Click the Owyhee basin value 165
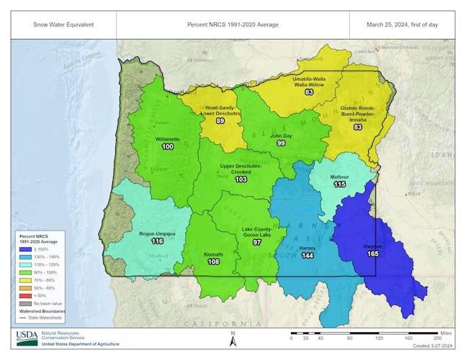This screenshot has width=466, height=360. point(373,253)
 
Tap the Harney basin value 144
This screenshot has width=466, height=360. point(307,256)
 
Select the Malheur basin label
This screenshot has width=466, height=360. point(339,176)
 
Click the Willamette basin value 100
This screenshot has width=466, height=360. point(168,146)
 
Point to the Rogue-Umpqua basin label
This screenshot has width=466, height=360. point(157,233)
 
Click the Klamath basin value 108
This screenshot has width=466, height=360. point(213,262)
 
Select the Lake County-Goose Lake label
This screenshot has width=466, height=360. point(256,232)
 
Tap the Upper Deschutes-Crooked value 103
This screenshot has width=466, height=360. point(241,179)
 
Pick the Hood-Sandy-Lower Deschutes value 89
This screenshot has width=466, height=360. point(220,121)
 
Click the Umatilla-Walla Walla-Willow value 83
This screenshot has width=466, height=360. point(309,92)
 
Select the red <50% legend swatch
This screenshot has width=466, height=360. point(24,295)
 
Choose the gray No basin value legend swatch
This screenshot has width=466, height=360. point(24,303)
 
